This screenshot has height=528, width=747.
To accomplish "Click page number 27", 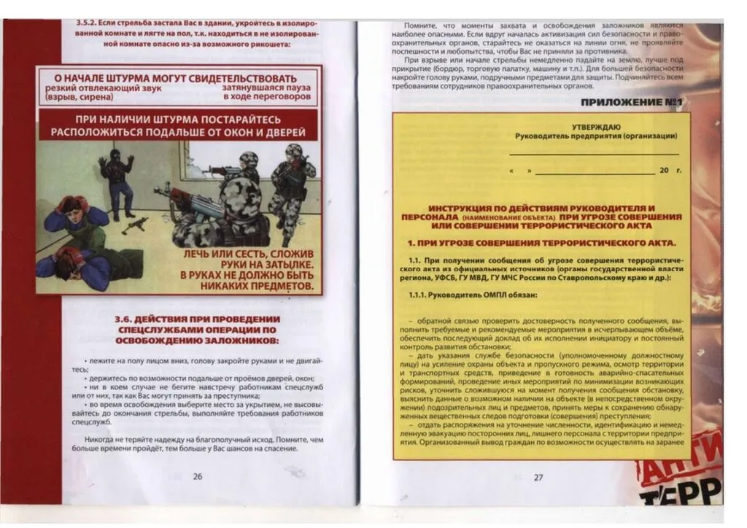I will click(538, 478).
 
